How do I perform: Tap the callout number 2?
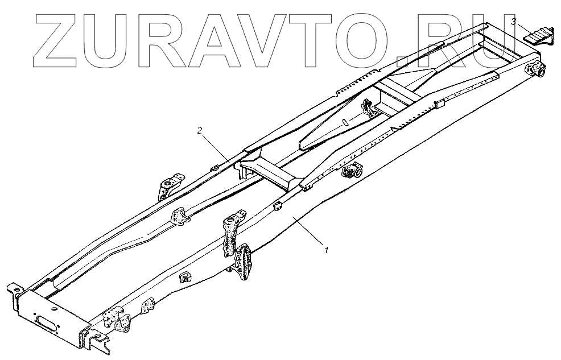tap(200, 131)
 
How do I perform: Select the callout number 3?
tap(514, 22)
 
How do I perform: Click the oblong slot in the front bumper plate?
tap(45, 319)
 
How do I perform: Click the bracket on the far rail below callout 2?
tap(169, 186)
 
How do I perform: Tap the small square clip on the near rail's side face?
tap(185, 278)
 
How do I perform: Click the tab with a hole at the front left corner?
tap(17, 292)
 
